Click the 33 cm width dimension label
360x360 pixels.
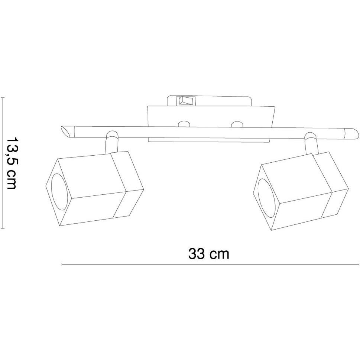pos(209,254)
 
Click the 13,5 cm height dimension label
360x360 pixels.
pos(11,163)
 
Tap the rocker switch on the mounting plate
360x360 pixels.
pos(185,101)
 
